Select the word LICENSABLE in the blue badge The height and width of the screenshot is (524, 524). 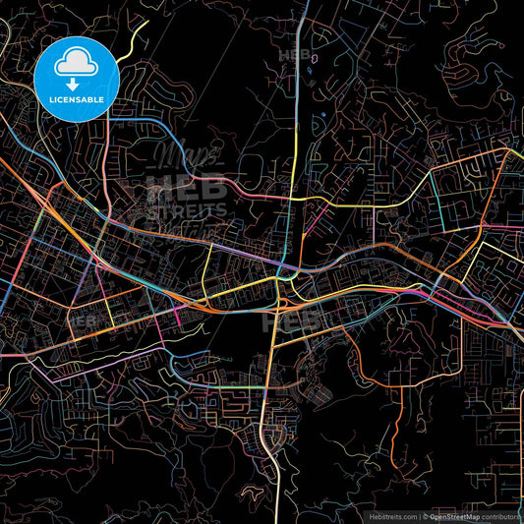click(77, 100)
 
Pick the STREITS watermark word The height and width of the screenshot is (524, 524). click(186, 209)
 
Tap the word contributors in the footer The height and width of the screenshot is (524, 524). click(503, 514)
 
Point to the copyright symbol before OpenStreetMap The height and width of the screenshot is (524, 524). click(426, 514)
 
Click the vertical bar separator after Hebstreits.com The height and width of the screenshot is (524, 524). click(418, 514)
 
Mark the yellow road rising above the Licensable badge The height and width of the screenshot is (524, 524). click(133, 39)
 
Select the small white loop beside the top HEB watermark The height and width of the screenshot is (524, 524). click(314, 57)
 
